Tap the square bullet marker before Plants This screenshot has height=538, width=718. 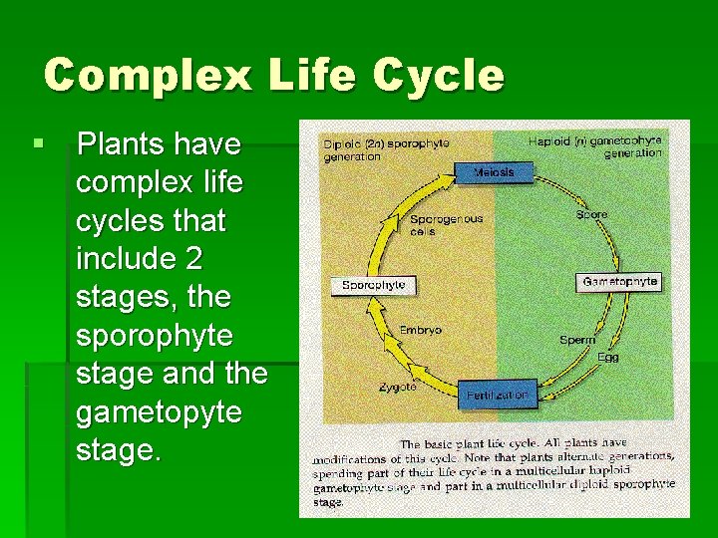pyautogui.click(x=38, y=144)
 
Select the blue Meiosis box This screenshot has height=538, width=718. pyautogui.click(x=495, y=172)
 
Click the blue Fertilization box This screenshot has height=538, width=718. pyautogui.click(x=497, y=395)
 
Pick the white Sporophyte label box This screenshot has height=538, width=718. pyautogui.click(x=373, y=285)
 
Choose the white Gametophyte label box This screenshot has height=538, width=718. pyautogui.click(x=619, y=282)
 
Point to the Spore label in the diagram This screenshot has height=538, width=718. pyautogui.click(x=592, y=214)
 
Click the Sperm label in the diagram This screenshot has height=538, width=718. pyautogui.click(x=577, y=340)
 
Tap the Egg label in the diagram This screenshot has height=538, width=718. pyautogui.click(x=608, y=356)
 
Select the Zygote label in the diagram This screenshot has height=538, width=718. pyautogui.click(x=397, y=387)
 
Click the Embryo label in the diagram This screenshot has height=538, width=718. pyautogui.click(x=420, y=330)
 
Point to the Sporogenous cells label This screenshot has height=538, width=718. pyautogui.click(x=446, y=224)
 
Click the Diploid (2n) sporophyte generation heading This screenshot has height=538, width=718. pyautogui.click(x=386, y=149)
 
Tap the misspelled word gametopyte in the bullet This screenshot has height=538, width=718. pyautogui.click(x=159, y=411)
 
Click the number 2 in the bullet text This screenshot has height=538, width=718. pyautogui.click(x=192, y=259)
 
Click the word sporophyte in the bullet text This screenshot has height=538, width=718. pyautogui.click(x=153, y=336)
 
